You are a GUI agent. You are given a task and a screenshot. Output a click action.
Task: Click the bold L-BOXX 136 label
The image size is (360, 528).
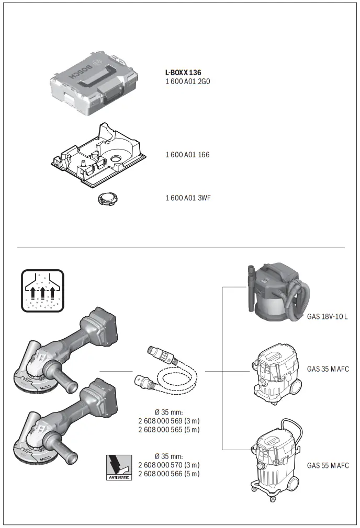tap(183, 73)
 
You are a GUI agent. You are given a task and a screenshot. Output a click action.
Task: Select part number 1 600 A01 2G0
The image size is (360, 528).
tap(187, 82)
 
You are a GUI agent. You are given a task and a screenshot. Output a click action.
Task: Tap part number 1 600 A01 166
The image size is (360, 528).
tap(187, 155)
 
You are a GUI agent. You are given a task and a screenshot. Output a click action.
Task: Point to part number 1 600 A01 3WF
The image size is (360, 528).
tap(188, 198)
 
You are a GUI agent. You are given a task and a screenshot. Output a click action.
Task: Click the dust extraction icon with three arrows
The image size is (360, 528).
tap(42, 291)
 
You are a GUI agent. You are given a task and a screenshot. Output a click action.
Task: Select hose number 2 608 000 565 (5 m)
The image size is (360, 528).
tap(168, 430)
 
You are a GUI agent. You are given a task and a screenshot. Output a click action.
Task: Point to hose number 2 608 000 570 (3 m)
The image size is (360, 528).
tap(168, 465)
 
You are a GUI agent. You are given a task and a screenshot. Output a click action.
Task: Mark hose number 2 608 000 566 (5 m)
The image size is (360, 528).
tap(168, 473)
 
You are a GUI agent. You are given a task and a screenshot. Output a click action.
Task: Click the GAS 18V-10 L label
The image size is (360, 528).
tap(327, 317)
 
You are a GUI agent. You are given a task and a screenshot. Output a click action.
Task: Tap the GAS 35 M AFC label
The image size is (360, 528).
tap(328, 369)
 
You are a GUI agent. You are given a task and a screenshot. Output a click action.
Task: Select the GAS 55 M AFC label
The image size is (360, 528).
tap(328, 465)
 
